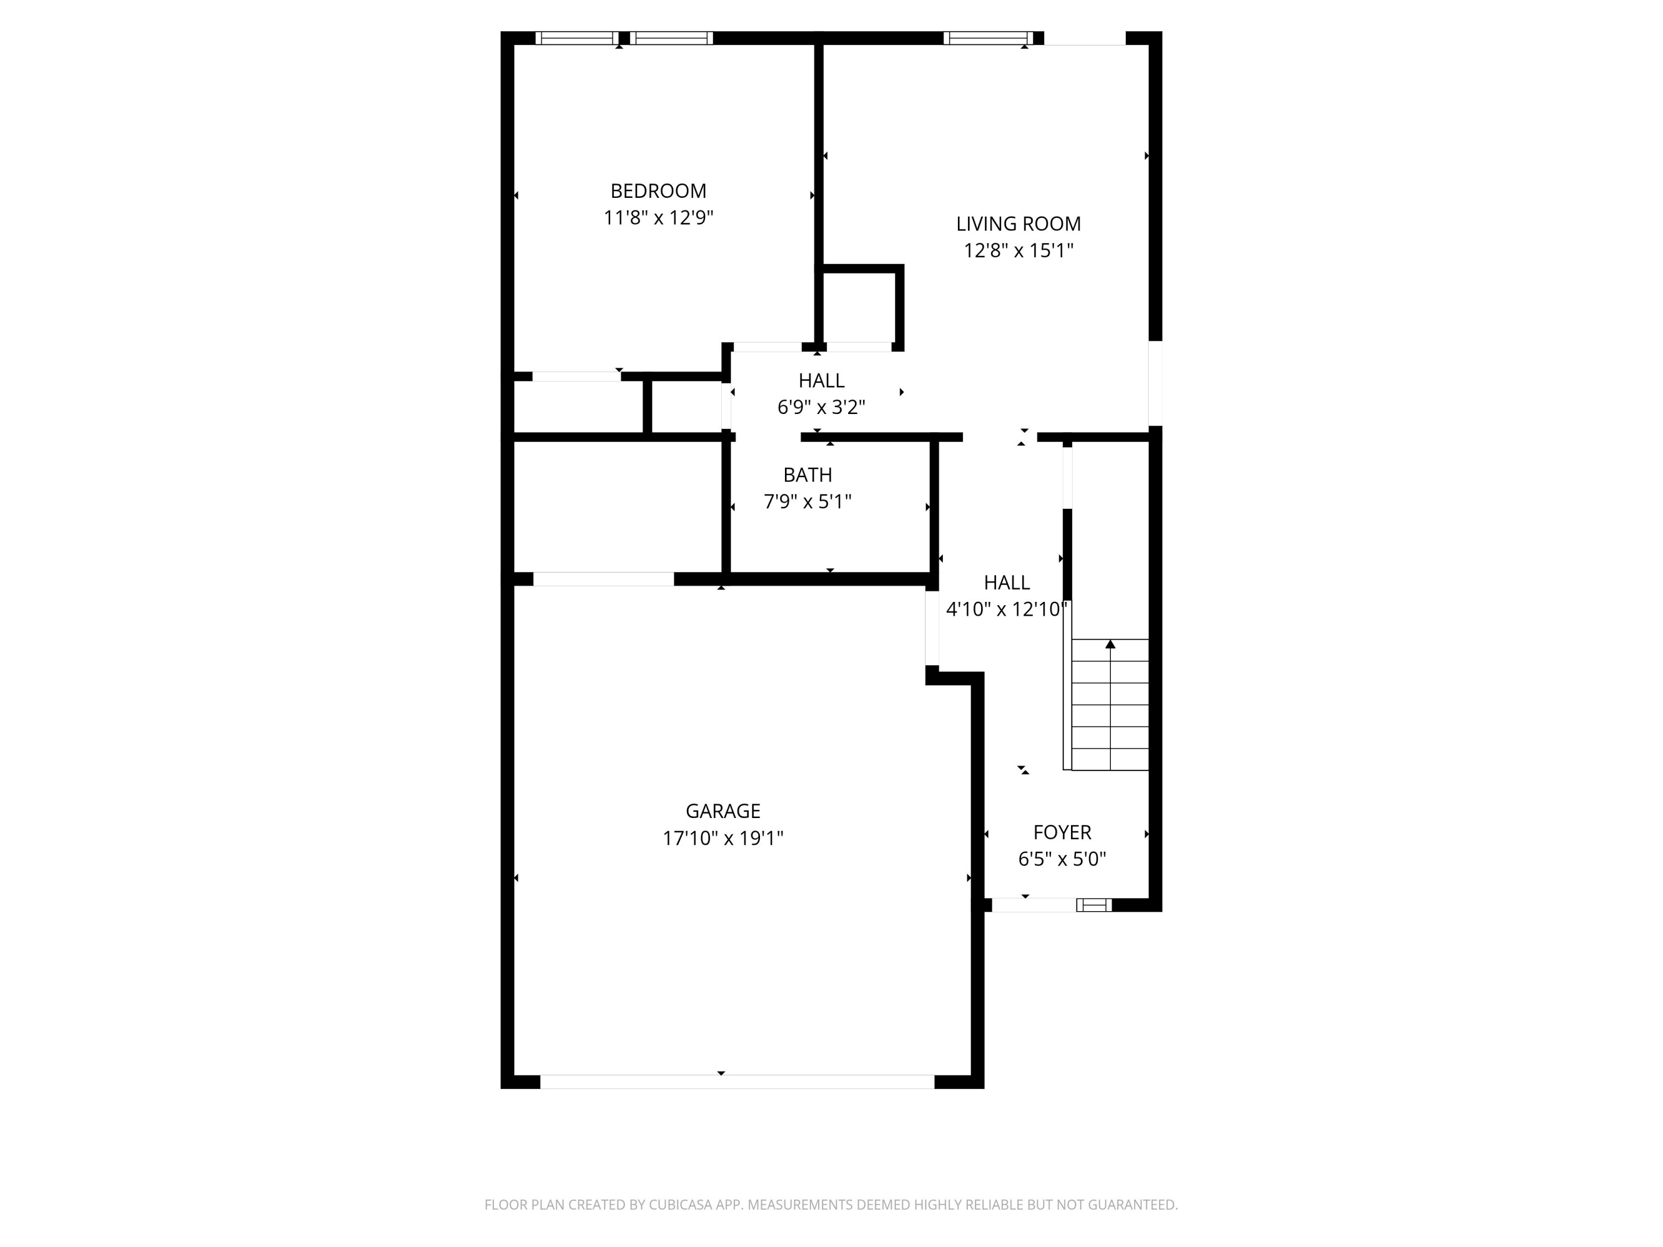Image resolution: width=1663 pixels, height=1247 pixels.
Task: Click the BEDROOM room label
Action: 658,191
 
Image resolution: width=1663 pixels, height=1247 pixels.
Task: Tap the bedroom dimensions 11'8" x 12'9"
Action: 658,218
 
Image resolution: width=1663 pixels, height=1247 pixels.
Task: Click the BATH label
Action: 808,475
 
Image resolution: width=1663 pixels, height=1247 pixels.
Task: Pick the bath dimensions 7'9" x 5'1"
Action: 808,502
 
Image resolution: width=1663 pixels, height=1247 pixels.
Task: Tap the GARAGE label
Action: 722,811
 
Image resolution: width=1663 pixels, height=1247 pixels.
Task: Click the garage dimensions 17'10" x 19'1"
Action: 722,838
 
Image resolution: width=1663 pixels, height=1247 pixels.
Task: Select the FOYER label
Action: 1062,832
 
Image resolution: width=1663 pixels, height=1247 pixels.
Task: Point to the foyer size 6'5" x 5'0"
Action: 1062,859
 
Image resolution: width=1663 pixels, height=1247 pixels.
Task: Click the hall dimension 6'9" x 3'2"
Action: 821,407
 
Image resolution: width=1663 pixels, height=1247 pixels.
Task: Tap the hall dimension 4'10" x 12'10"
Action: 1006,610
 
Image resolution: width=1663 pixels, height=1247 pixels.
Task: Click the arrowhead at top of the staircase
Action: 1110,644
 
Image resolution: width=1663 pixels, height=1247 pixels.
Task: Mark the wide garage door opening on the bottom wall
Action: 737,1082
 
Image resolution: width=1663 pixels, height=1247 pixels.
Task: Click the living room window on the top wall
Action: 988,38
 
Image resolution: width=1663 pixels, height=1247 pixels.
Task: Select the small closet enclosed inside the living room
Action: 859,306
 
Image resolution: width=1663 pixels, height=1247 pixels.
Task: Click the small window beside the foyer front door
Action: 1094,905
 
